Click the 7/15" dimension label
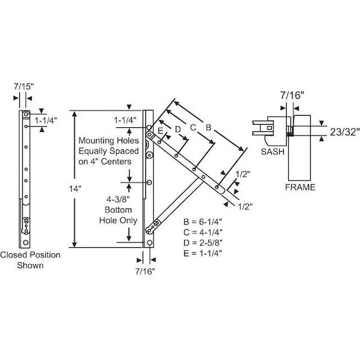coord(25,87)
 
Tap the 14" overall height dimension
coord(74,188)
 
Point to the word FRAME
coord(299,187)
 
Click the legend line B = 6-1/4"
coord(206,221)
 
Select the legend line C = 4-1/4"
coord(206,232)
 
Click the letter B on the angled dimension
coord(208,127)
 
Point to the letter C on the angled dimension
coord(192,127)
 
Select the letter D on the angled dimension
coord(178,128)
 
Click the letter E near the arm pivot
coord(160,130)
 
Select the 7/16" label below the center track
coord(145,271)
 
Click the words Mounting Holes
coord(106,140)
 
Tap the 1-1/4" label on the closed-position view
coord(46,120)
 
